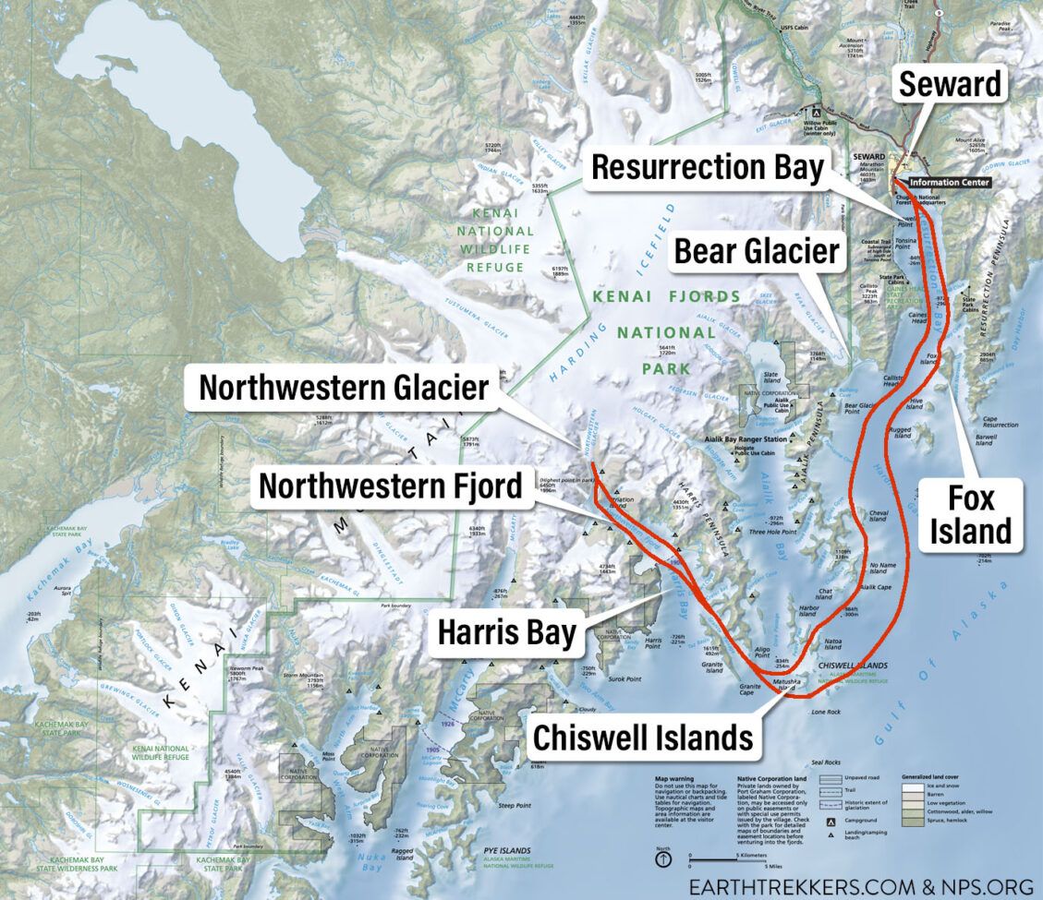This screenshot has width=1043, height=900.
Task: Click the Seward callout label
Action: tap(951, 85)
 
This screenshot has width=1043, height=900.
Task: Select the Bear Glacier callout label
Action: tap(756, 250)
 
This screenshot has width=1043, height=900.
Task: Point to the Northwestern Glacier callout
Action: tap(344, 389)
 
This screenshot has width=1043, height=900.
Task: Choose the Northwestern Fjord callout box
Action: tap(390, 486)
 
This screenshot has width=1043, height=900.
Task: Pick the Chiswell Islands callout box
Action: tap(642, 738)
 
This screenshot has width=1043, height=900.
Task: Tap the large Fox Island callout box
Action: tap(970, 515)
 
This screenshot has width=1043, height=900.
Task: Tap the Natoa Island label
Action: tap(831, 643)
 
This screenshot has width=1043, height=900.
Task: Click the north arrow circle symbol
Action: tap(663, 858)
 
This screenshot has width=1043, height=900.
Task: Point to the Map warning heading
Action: tap(674, 778)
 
